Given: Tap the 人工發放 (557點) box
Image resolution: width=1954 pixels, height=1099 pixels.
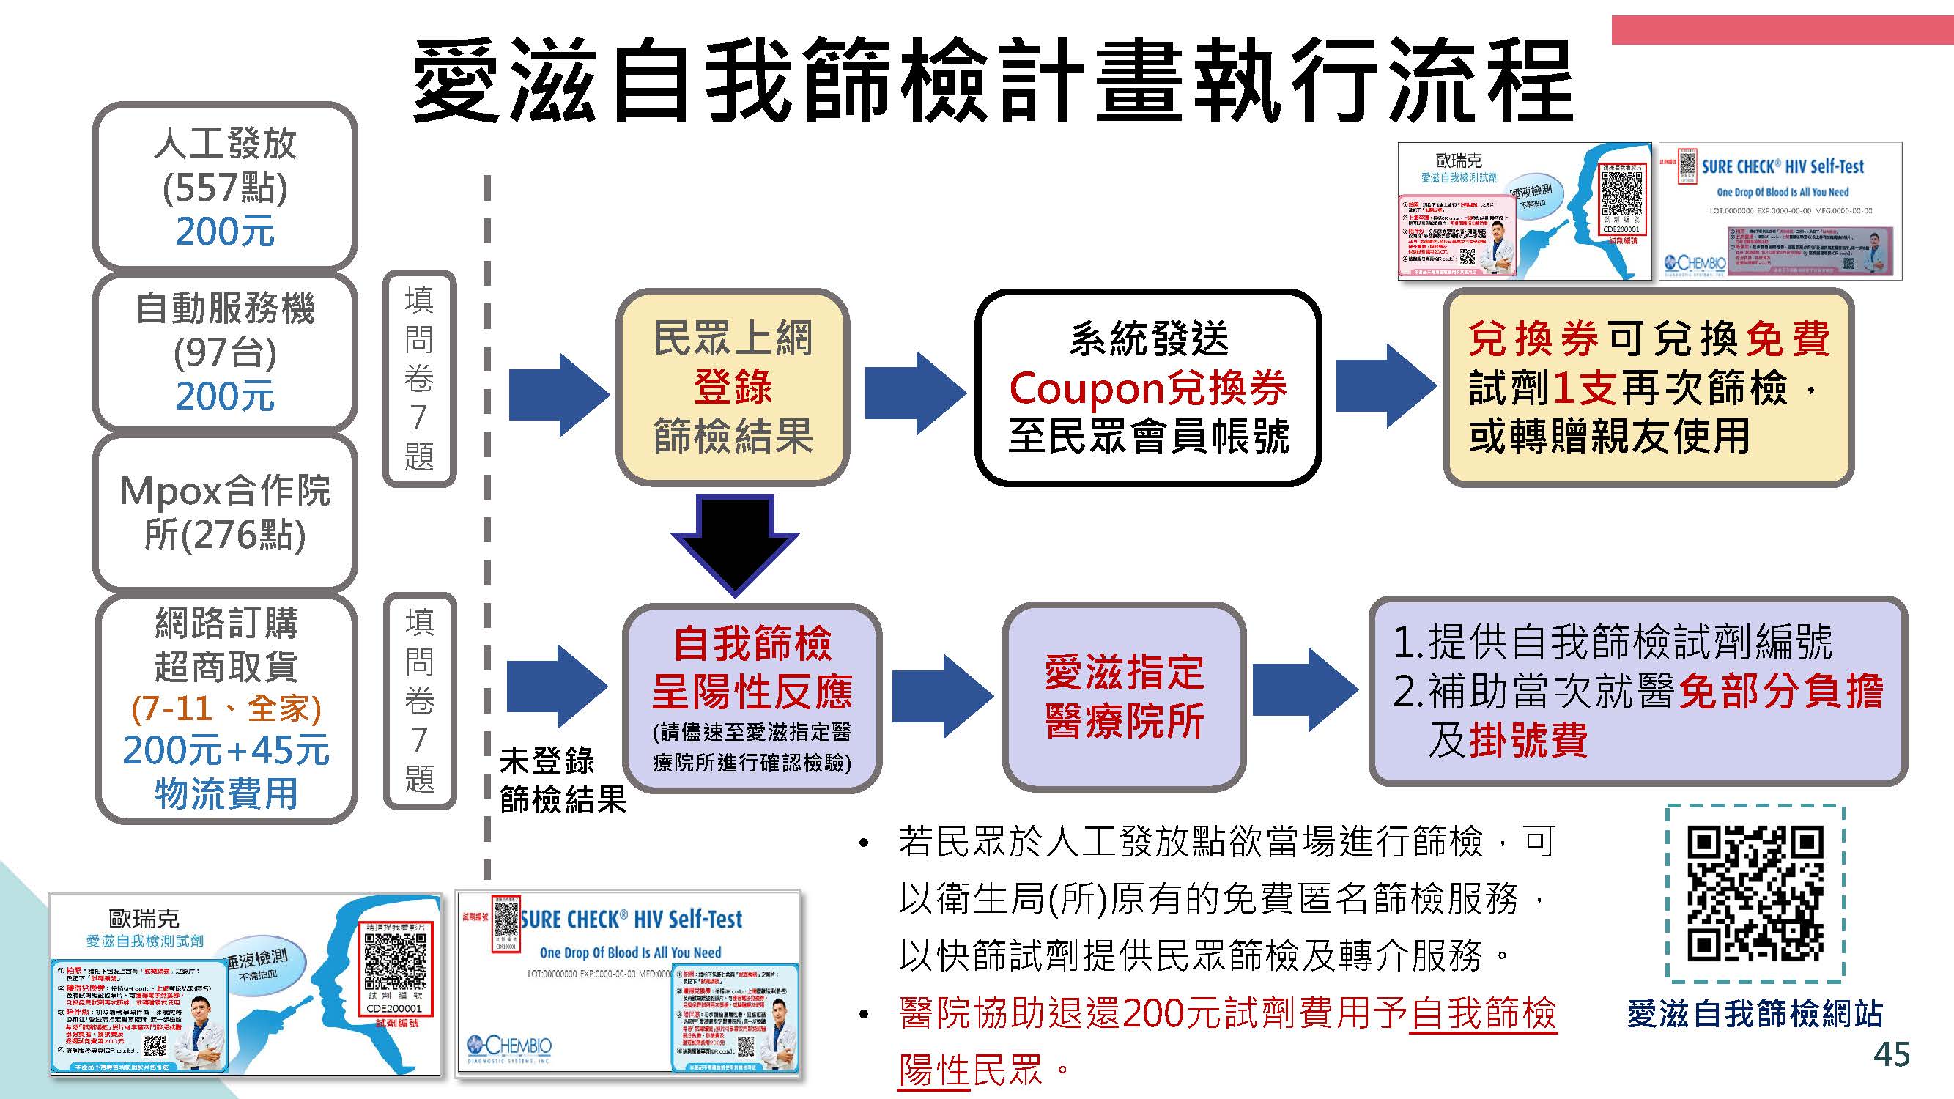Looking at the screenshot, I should [x=224, y=187].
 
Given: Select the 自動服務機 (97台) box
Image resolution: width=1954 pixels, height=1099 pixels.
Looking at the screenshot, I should [x=224, y=352].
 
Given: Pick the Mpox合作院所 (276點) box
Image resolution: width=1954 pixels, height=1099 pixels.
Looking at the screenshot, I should [x=224, y=513].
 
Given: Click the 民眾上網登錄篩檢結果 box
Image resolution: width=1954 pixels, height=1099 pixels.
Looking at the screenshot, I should [x=732, y=387].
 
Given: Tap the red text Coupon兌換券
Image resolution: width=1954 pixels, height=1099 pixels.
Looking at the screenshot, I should [x=1147, y=388].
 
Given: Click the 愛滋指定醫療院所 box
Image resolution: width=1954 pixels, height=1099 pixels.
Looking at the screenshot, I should [x=1123, y=696].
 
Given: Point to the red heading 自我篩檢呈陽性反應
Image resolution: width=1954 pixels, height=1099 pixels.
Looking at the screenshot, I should [x=752, y=667].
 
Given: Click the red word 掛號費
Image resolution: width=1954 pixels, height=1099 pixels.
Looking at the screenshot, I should [x=1528, y=740].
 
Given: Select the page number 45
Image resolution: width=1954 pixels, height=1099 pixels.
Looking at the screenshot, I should [x=1891, y=1054].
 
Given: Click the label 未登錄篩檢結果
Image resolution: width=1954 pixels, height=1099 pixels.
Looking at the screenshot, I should [x=561, y=780].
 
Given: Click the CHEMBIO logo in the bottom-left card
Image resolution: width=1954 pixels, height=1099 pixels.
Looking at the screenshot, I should [x=510, y=1048].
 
